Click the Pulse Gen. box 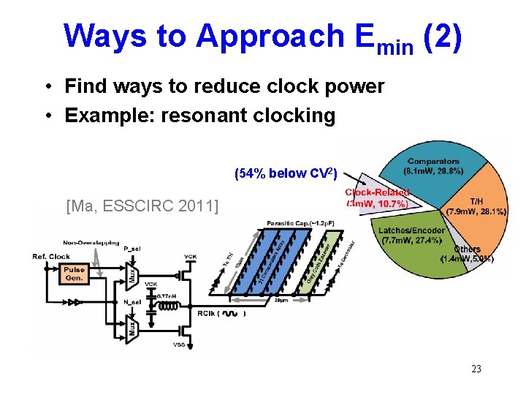(x=75, y=273)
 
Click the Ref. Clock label (x=50, y=256)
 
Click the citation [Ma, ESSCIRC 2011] (x=142, y=207)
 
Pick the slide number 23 (x=476, y=369)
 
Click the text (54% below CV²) (x=285, y=174)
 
